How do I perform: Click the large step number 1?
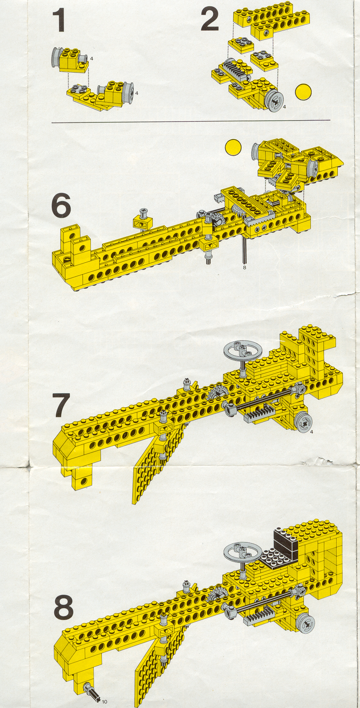59,21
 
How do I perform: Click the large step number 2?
210,21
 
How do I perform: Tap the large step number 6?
61,206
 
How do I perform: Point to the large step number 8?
64,607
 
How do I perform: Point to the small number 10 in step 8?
104,701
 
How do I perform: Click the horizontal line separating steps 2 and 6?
191,121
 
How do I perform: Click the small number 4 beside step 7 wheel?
312,432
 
